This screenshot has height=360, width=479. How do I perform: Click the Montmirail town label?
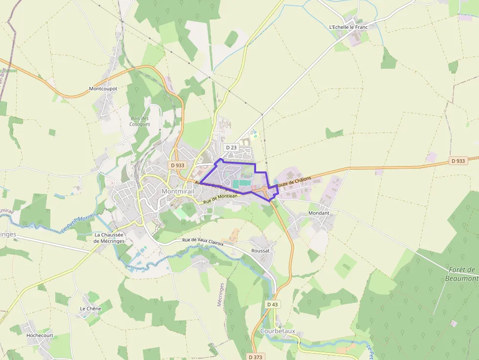click(x=177, y=191)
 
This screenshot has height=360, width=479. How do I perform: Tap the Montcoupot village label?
click(x=103, y=89)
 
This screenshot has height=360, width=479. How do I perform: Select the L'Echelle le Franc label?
click(x=348, y=27)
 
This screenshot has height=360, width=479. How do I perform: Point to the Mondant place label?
click(x=319, y=213)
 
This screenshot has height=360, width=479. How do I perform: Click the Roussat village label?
click(x=260, y=251)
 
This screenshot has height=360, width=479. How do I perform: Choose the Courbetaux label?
click(x=278, y=331)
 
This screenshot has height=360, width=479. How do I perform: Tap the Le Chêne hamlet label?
click(x=90, y=309)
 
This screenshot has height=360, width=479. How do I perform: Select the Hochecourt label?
click(x=40, y=336)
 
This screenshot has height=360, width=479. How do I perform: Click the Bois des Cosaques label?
click(x=140, y=121)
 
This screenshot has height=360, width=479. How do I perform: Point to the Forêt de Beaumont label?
click(x=461, y=274)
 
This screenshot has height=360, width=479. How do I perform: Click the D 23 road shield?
click(x=231, y=147)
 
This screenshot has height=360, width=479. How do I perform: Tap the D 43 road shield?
click(x=273, y=304)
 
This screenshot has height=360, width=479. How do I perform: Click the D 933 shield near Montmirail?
click(x=178, y=165)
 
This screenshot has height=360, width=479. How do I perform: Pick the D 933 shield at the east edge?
click(x=458, y=161)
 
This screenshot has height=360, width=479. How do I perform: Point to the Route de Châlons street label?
click(x=293, y=183)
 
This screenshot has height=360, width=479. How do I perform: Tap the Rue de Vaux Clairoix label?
click(x=202, y=241)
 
